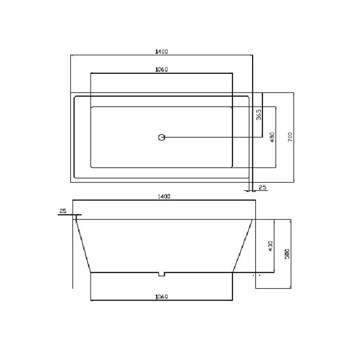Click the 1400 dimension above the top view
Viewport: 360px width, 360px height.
[x=161, y=52]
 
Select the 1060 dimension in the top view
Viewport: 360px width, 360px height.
[x=161, y=69]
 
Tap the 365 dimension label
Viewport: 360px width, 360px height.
[x=259, y=115]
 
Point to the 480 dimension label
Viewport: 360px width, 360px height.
[x=271, y=137]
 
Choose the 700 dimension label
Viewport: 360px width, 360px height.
[x=290, y=137]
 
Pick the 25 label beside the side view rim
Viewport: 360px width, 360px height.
[x=63, y=211]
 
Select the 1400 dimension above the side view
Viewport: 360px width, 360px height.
[x=163, y=197]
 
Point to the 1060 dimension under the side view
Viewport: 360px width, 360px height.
[x=162, y=297]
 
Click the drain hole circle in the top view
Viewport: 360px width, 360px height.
[x=162, y=137]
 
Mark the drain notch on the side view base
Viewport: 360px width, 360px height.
[x=162, y=274]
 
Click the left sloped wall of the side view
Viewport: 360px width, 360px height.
[x=83, y=246]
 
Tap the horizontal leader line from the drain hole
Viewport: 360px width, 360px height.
[x=211, y=137]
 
